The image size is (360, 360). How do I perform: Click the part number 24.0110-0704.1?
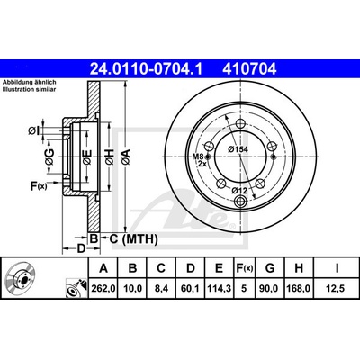click(147, 69)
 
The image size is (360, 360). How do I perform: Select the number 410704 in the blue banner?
click(249, 69)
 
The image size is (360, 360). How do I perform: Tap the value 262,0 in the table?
click(103, 289)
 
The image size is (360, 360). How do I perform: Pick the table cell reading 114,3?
click(220, 289)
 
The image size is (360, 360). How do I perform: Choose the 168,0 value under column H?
click(299, 289)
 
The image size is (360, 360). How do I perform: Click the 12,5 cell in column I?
click(337, 289)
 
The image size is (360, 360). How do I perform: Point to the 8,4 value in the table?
click(162, 289)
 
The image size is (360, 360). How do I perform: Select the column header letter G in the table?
click(270, 268)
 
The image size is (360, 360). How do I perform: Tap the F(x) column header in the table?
click(244, 268)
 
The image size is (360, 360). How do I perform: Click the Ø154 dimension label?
click(238, 149)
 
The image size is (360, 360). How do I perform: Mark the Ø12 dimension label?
click(238, 190)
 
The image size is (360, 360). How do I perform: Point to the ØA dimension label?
click(126, 157)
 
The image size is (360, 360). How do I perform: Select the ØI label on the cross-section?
click(34, 130)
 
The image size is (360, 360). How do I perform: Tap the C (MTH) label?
click(133, 239)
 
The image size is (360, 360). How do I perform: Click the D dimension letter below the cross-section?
click(81, 248)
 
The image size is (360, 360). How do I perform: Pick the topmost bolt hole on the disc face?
click(241, 123)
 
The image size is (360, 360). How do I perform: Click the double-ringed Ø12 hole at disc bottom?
click(241, 201)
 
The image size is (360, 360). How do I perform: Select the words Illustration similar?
click(30, 89)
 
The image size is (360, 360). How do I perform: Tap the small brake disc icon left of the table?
click(20, 277)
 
